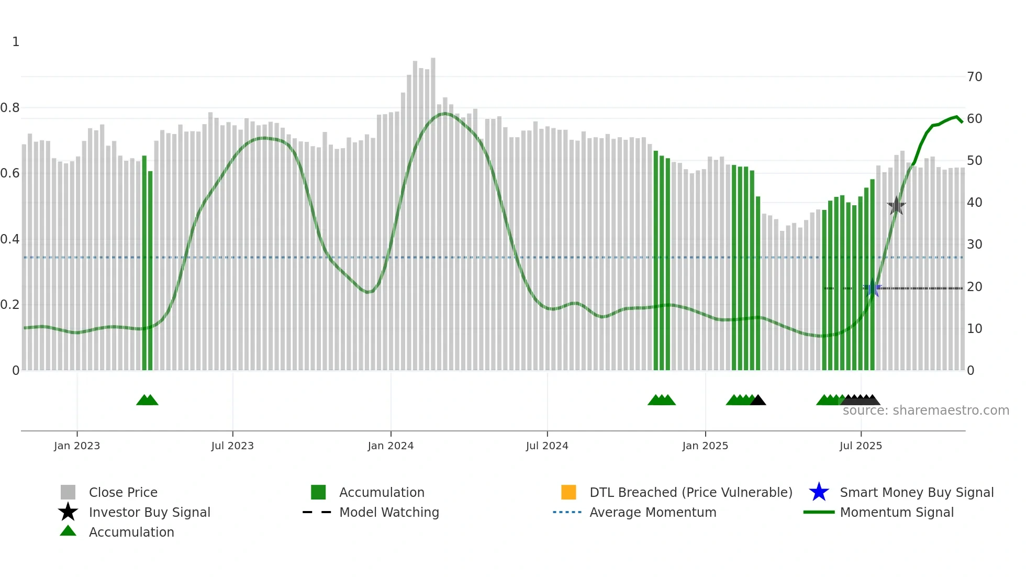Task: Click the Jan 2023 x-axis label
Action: (x=77, y=446)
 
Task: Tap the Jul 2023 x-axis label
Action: (x=232, y=446)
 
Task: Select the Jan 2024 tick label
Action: (x=391, y=446)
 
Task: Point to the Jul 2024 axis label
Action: (x=547, y=446)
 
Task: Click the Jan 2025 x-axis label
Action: (x=705, y=446)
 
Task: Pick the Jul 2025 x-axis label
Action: (x=861, y=446)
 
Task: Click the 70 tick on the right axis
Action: (x=974, y=77)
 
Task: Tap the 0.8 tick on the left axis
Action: (x=10, y=108)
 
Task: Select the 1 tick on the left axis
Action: (x=16, y=42)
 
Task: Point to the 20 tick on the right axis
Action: (x=974, y=287)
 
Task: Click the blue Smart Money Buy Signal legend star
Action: (x=819, y=492)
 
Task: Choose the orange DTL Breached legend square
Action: (x=568, y=492)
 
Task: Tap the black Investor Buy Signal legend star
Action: (x=68, y=512)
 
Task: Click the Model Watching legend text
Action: (x=389, y=512)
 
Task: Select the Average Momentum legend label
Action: (x=653, y=512)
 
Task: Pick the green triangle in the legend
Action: (x=68, y=531)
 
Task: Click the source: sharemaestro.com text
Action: (x=925, y=410)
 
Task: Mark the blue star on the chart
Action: (x=872, y=288)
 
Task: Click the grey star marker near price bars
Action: (x=896, y=206)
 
